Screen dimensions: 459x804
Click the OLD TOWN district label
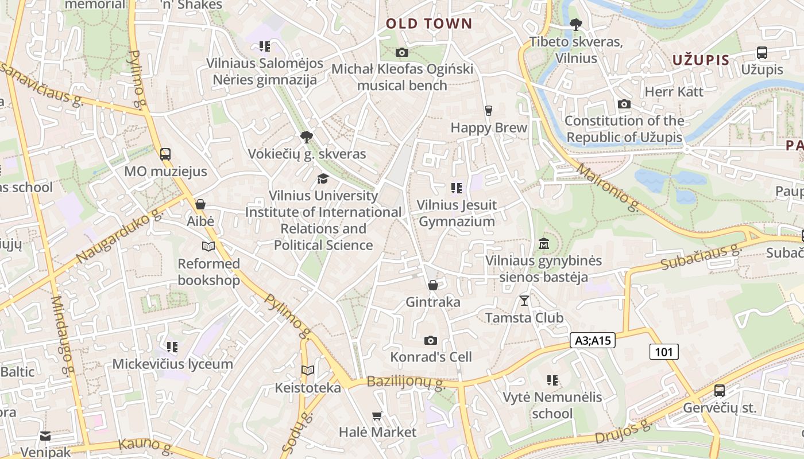tap(428, 24)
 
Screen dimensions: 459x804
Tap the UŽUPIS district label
tap(701, 60)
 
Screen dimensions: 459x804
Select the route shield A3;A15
tap(593, 340)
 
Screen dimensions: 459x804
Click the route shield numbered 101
tap(664, 352)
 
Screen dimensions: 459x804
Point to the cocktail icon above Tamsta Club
tap(524, 300)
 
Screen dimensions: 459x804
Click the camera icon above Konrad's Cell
tap(431, 340)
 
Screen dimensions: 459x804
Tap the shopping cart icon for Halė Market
tap(377, 415)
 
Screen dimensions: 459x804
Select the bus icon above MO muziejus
tap(165, 154)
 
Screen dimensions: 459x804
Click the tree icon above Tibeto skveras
tap(575, 25)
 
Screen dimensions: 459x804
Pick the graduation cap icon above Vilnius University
tap(323, 178)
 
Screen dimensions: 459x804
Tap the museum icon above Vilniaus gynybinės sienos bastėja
tap(544, 244)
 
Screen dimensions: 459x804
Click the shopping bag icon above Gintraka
tap(433, 285)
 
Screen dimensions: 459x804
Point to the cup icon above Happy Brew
tap(489, 111)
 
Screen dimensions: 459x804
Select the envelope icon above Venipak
tap(45, 436)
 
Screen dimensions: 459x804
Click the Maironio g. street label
tap(608, 187)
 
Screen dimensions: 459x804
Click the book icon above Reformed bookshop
tap(208, 247)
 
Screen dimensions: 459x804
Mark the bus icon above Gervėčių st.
tap(719, 391)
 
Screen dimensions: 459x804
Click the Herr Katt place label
tap(674, 92)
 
